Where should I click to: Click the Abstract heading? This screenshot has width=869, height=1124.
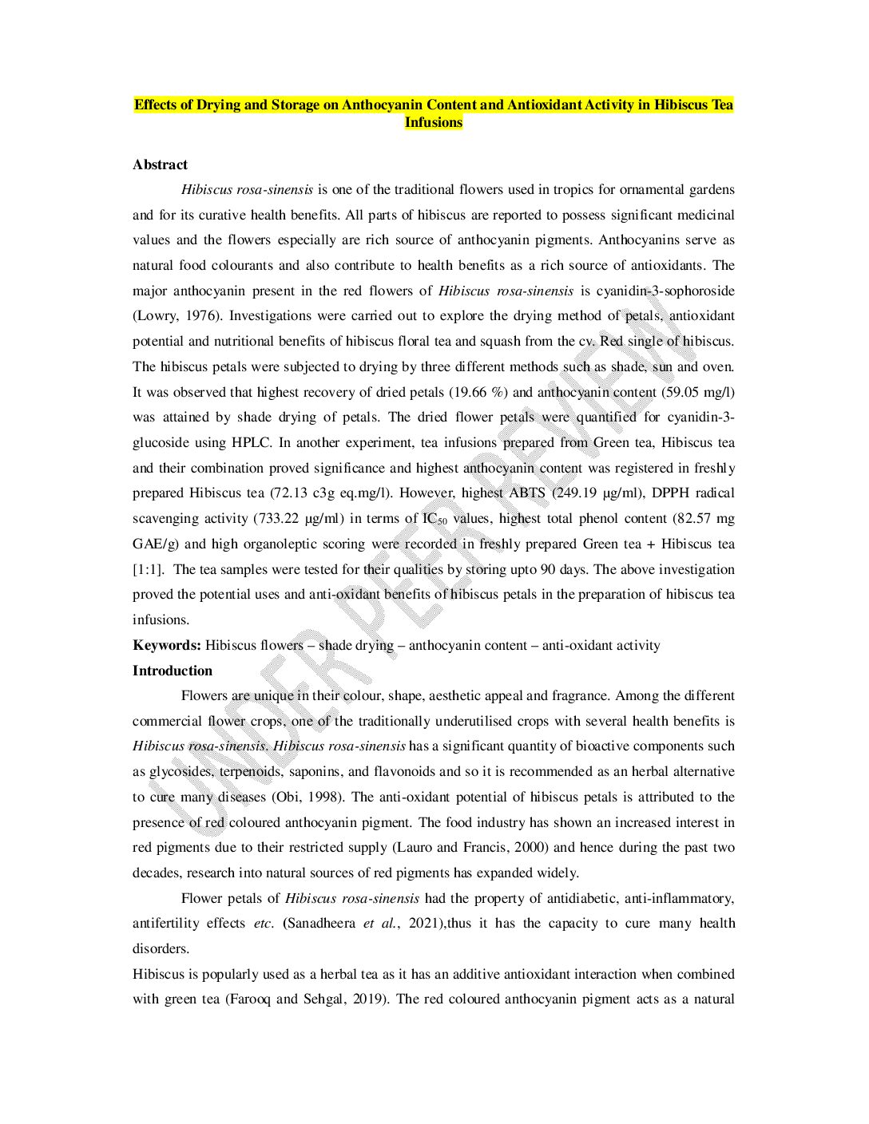(x=160, y=164)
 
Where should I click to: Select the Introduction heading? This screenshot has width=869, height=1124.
(x=173, y=671)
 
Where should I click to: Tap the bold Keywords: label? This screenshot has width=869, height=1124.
(x=166, y=645)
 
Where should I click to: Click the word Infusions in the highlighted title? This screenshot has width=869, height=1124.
(x=433, y=122)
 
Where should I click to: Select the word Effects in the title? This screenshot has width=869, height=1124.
(x=154, y=105)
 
